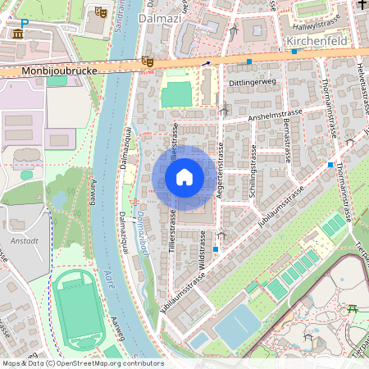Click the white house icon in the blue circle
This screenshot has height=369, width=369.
pos(184,177)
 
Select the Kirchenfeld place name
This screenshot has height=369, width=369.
pos(312,39)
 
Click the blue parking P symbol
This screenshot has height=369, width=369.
pos(24,24)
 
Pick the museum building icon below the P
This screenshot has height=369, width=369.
pos(18,34)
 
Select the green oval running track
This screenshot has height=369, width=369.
pos(80,310)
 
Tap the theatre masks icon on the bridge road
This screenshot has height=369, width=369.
pos(147,61)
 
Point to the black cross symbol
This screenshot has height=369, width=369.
pos(362,6)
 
